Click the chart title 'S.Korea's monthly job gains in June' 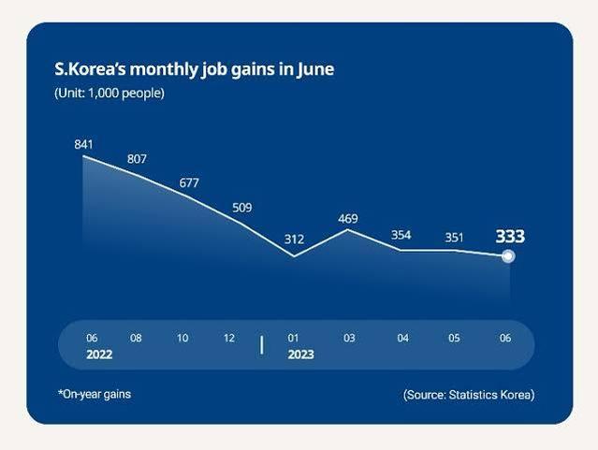194,70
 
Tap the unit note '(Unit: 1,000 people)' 109,93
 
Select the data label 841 83,144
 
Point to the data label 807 137,159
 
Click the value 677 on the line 189,183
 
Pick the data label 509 242,208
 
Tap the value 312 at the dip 295,240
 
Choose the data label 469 348,219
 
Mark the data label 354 401,235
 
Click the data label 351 454,238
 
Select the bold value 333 510,237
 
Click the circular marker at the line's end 508,256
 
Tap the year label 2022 99,355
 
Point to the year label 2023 301,355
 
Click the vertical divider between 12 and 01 262,345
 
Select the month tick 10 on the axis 182,338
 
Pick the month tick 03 349,338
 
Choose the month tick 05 454,338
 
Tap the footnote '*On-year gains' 95,394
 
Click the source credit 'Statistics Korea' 489,395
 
